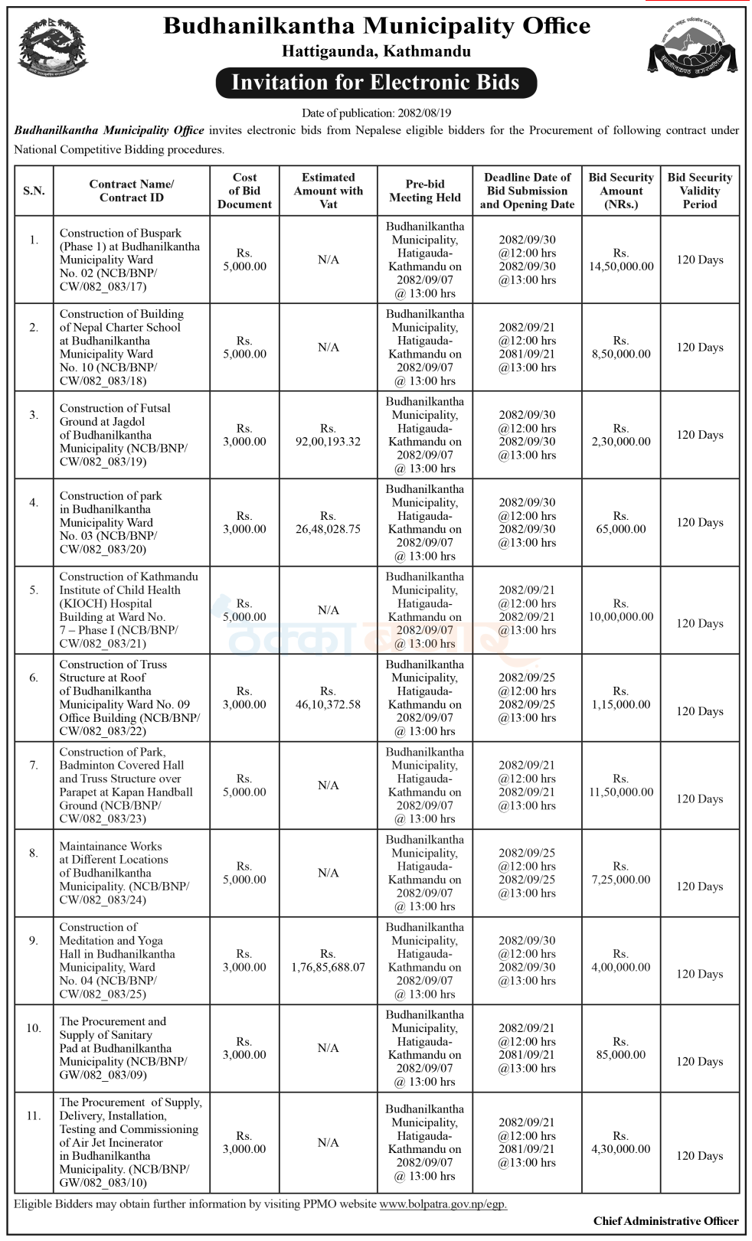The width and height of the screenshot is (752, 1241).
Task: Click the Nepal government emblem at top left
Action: point(52,48)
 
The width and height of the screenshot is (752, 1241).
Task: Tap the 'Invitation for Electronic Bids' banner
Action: point(375,83)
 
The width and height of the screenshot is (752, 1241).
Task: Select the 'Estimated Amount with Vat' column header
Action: point(328,191)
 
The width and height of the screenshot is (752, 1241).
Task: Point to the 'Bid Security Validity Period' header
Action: point(699,191)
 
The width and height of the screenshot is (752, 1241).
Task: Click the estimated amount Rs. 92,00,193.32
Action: point(328,435)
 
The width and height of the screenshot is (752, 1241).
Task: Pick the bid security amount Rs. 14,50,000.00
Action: point(621,260)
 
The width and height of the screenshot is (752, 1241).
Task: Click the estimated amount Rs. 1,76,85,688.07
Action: point(328,961)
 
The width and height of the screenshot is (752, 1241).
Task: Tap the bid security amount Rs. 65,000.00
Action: point(621,523)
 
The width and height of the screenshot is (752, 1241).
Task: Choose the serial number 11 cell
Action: point(34,1115)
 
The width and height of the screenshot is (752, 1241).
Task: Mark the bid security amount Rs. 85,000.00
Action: point(621,1048)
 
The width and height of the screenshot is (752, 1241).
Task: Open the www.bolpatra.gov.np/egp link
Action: point(443,1203)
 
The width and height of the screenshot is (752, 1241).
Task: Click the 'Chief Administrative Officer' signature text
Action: point(665,1221)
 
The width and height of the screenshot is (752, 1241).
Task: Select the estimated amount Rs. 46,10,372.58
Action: point(328,697)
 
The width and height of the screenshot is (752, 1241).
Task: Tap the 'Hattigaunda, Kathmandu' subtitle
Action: point(376,52)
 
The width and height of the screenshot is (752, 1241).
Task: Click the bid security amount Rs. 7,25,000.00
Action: point(621,873)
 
